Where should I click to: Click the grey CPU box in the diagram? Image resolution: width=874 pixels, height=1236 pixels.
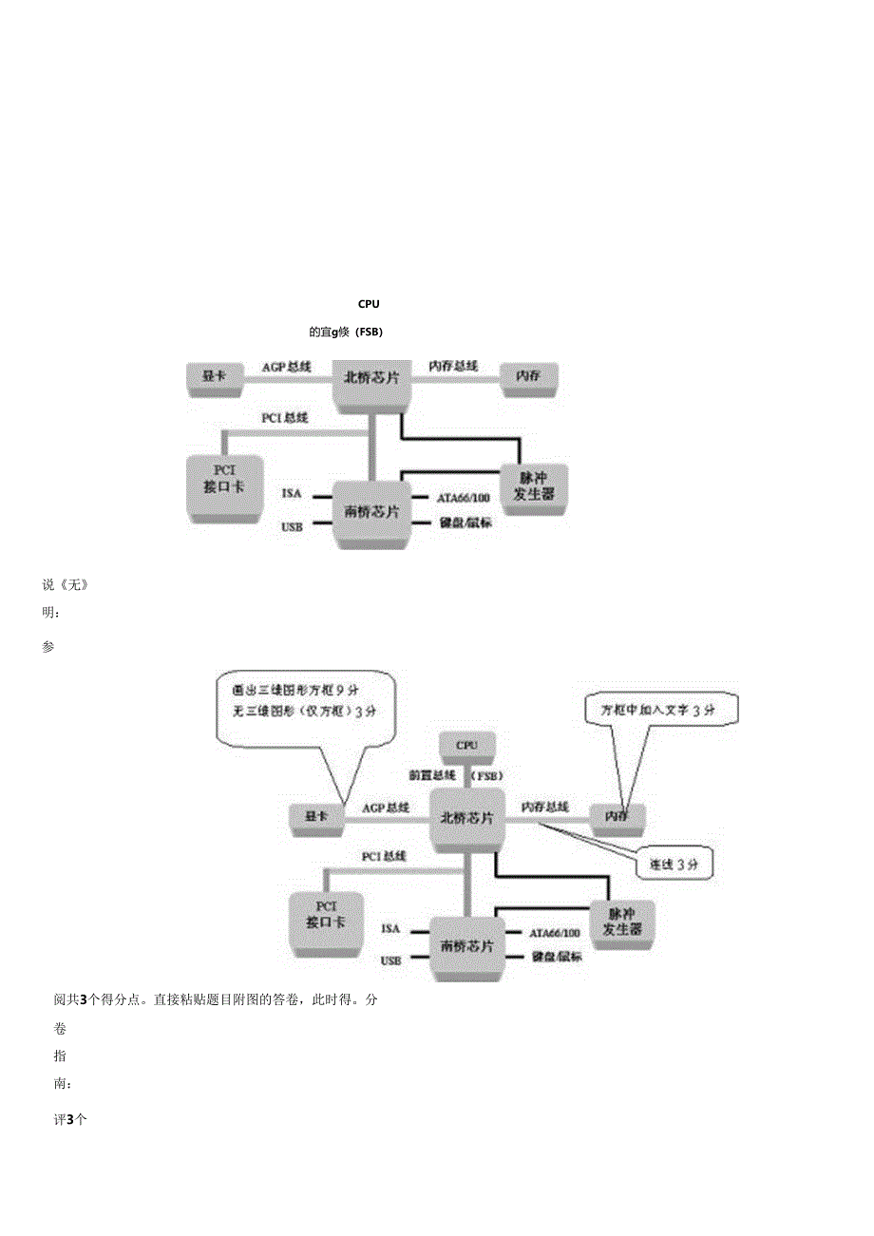[x=466, y=746]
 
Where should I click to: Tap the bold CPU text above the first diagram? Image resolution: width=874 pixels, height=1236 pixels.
[x=369, y=304]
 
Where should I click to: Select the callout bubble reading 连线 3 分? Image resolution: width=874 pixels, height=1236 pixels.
[x=674, y=865]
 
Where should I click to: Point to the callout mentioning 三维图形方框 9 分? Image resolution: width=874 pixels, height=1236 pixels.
[x=304, y=699]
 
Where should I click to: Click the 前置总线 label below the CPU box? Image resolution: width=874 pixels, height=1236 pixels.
[x=432, y=775]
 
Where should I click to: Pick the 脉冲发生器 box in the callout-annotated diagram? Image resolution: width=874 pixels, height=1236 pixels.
[x=622, y=922]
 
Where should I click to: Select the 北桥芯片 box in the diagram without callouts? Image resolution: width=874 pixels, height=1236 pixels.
[x=371, y=380]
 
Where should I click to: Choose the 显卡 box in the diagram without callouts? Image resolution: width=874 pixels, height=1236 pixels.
[x=214, y=376]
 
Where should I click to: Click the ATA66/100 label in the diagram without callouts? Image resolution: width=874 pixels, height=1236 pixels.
[x=464, y=497]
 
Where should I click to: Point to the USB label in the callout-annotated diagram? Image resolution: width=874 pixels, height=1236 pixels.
[x=390, y=960]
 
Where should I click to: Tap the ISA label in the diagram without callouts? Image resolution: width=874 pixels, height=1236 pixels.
[x=292, y=493]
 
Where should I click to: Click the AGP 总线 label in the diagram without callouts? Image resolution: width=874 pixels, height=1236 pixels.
[x=287, y=366]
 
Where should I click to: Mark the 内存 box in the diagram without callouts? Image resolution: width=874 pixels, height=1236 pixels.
[x=529, y=376]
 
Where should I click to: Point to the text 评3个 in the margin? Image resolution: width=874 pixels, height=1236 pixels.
[x=70, y=1119]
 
